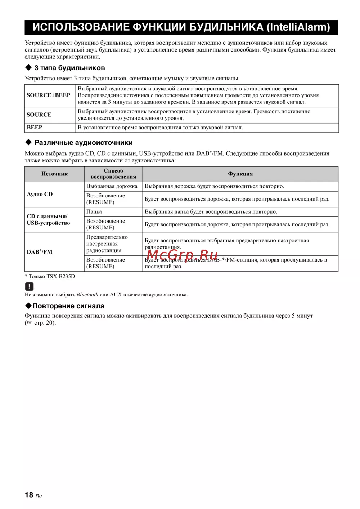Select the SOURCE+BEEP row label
[48, 95]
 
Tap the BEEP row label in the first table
[35, 128]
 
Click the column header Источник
[54, 174]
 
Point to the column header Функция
[240, 174]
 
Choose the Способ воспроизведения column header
[113, 174]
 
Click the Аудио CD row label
[40, 194]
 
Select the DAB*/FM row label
[40, 252]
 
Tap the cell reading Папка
[94, 212]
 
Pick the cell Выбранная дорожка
[112, 186]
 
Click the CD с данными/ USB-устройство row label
[48, 220]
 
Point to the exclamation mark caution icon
[29, 286]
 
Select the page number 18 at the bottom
[29, 495]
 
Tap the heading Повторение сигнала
[68, 306]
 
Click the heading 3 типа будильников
[69, 68]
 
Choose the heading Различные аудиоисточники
[84, 143]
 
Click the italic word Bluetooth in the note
[87, 295]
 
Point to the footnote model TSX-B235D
[60, 276]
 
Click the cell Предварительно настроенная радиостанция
[107, 244]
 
